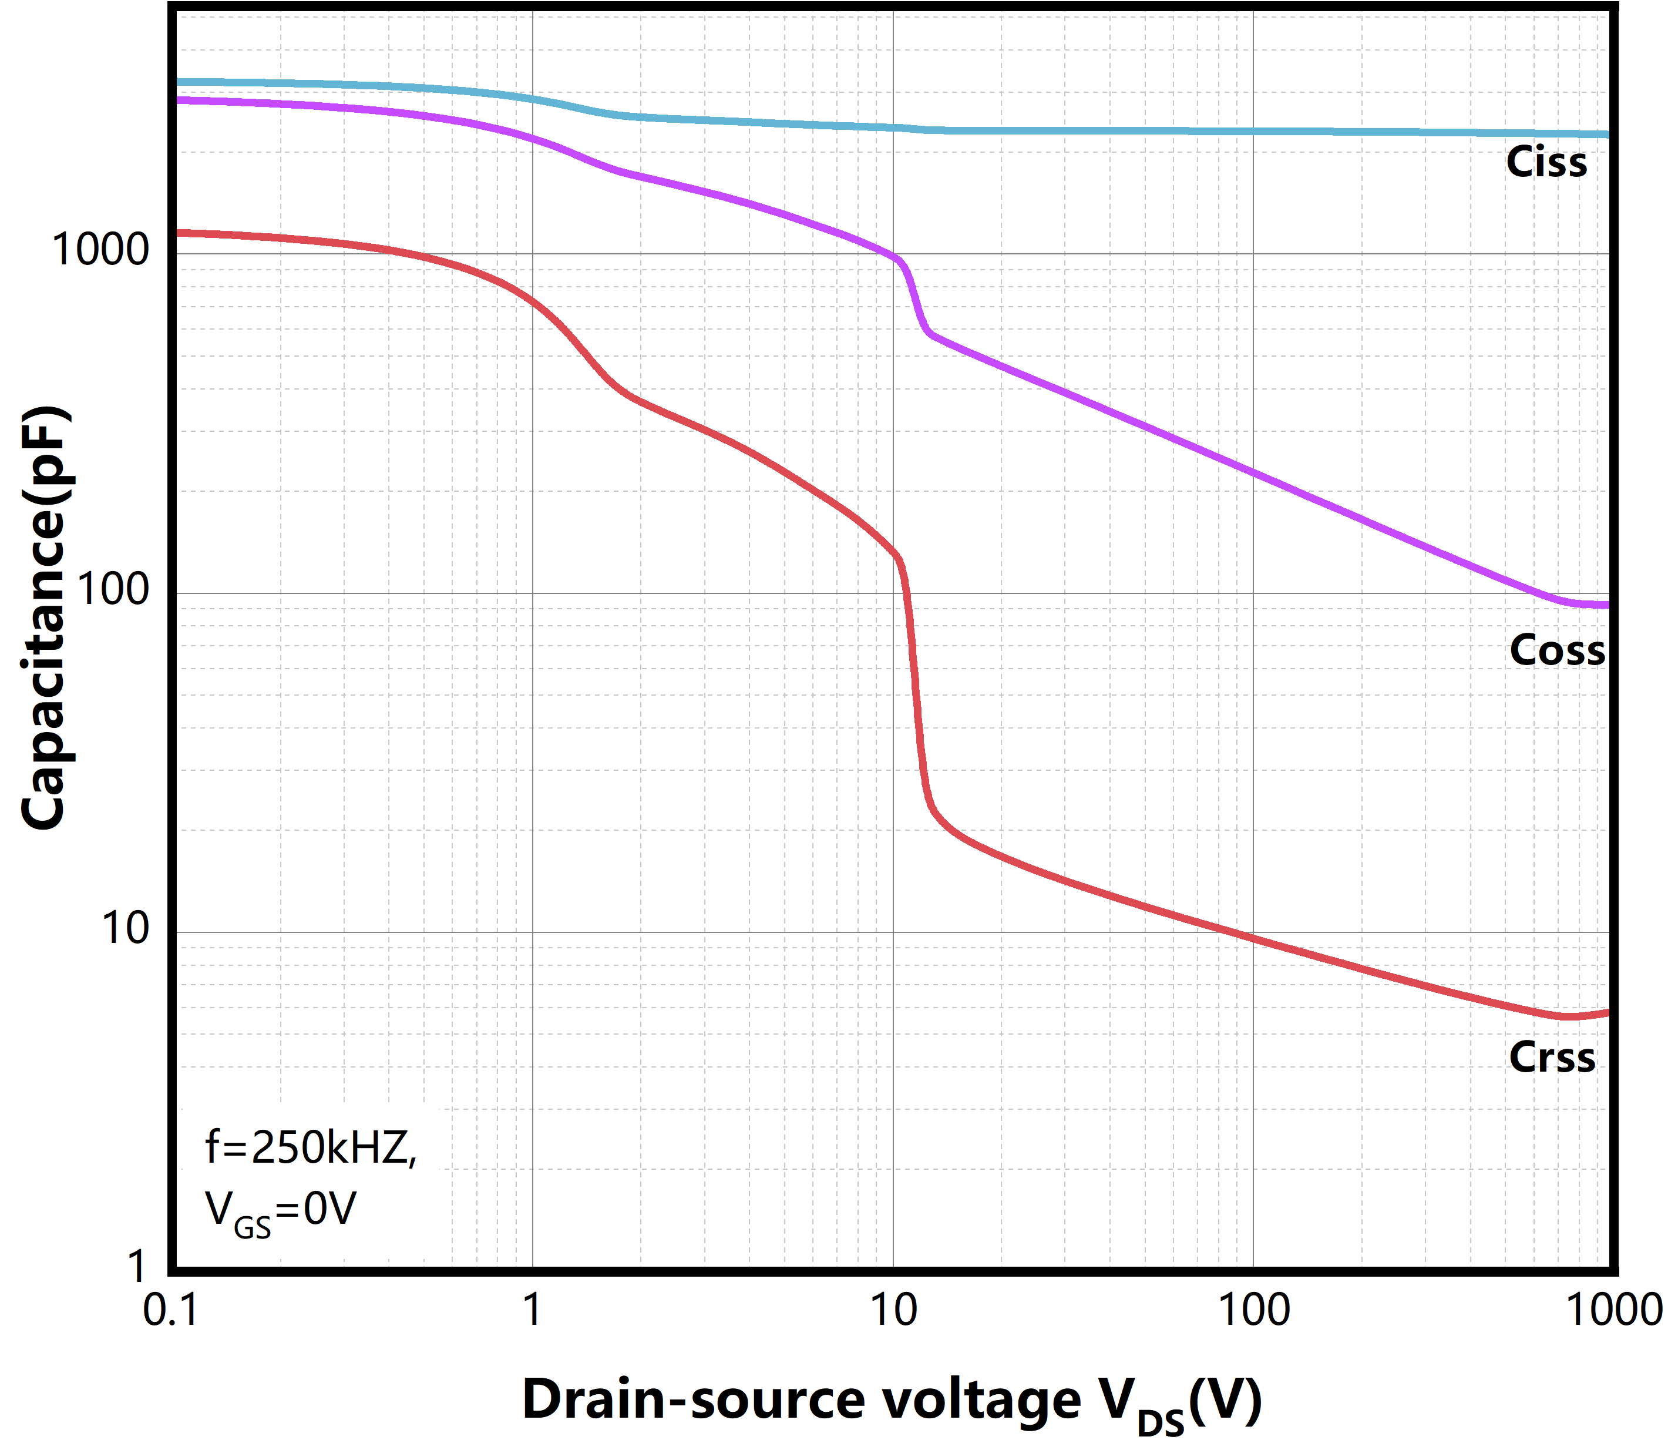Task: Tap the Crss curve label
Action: point(1552,1058)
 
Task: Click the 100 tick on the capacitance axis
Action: point(113,589)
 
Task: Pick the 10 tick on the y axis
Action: point(125,928)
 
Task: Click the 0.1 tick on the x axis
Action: point(171,1310)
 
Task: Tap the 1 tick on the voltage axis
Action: point(532,1310)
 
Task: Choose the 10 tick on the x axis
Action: point(893,1310)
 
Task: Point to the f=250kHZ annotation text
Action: point(311,1147)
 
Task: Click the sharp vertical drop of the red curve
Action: point(916,688)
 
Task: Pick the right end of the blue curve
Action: point(1606,135)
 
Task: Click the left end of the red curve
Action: point(180,233)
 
